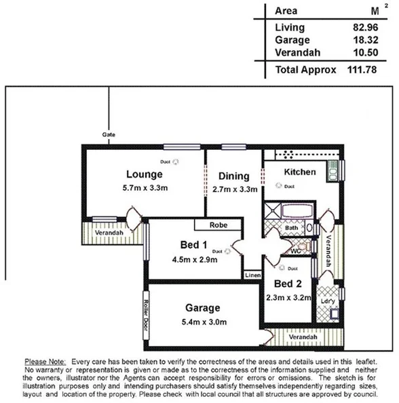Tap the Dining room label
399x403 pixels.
pos(234,176)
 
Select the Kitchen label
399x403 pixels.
pos(299,172)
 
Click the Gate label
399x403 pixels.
pos(109,134)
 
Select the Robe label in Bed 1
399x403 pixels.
pos(217,225)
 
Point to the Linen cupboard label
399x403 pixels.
pos(252,275)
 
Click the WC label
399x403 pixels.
pos(297,251)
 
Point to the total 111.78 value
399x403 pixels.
pos(361,69)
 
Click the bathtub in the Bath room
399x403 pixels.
pos(288,210)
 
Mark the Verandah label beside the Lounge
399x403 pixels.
pos(109,233)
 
